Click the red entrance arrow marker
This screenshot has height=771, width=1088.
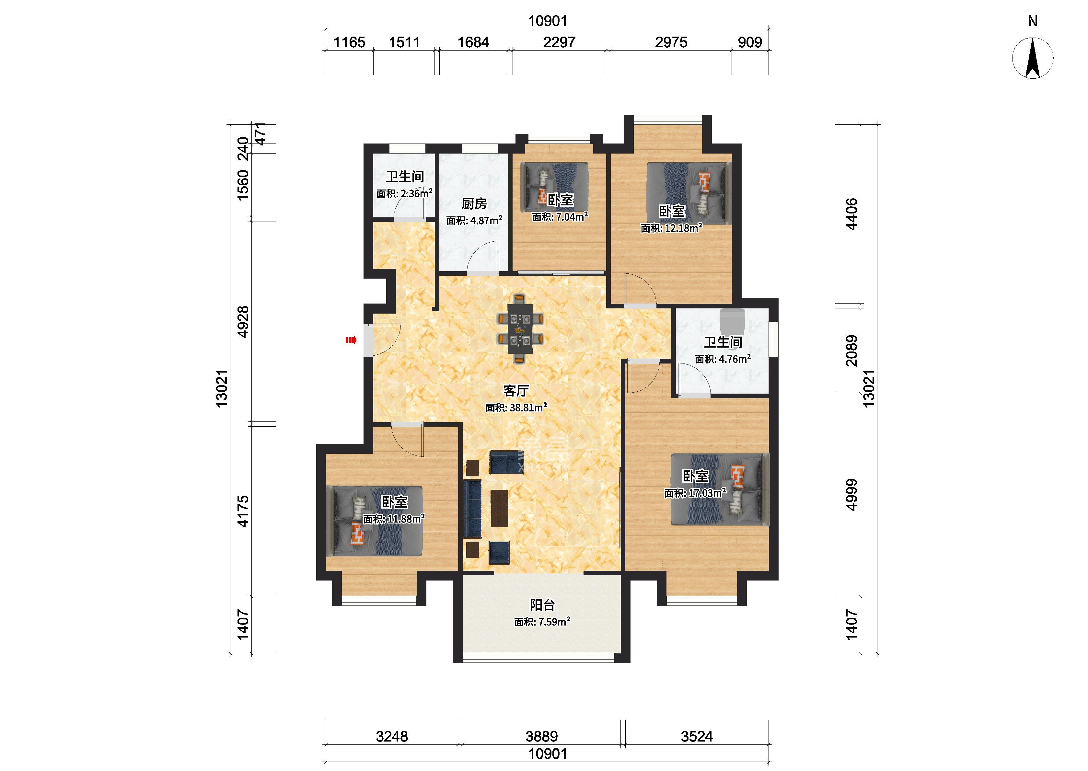point(351,339)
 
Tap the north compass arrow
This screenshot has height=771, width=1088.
point(1033,58)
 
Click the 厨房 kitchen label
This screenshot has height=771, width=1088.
point(474,204)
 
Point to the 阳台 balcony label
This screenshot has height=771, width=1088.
point(542,605)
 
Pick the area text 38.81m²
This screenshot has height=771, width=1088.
point(528,407)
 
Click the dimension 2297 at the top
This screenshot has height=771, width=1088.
point(559,42)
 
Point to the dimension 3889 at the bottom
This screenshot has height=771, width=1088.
point(542,736)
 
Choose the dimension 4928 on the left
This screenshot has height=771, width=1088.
point(243,322)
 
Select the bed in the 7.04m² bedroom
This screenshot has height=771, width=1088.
point(554,188)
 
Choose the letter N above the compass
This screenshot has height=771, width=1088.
point(1033,21)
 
